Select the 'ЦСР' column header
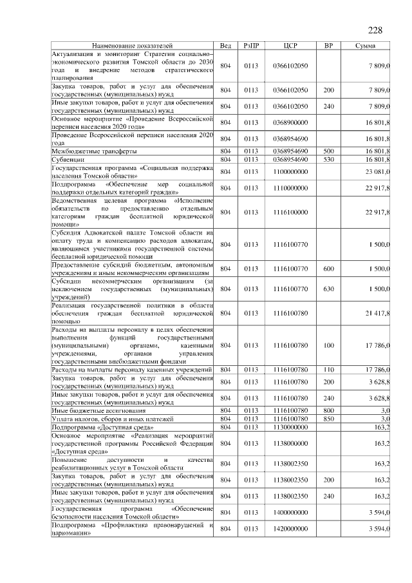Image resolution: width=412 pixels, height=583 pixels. coord(290,46)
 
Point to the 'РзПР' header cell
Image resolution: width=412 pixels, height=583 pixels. coord(252,46)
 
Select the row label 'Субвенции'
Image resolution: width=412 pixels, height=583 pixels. coord(68,159)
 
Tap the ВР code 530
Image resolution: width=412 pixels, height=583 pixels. coord(328,159)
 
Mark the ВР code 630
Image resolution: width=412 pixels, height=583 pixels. coord(328,289)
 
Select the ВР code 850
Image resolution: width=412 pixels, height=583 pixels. coord(328,419)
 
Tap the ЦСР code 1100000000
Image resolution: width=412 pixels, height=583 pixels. coord(290,171)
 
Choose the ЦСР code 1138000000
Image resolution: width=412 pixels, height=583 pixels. coord(290,443)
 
